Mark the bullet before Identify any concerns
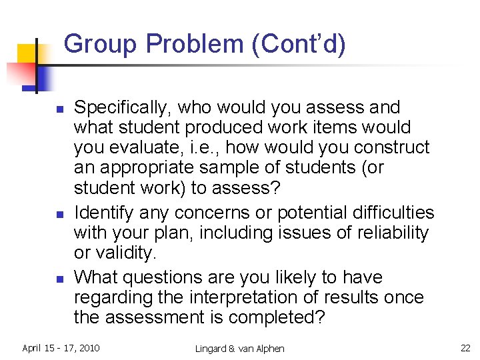pos(59,215)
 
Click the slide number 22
pos(466,348)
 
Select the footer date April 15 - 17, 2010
pos(61,348)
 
